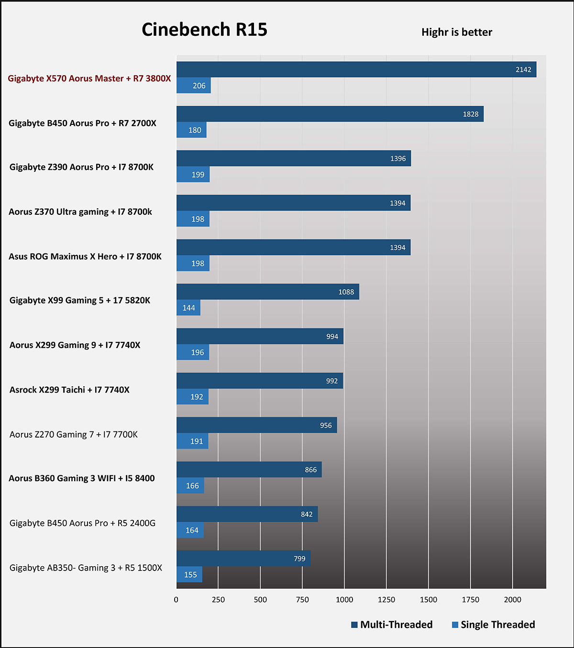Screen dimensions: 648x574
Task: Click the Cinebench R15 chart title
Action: (204, 30)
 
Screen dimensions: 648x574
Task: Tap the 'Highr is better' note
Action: (456, 32)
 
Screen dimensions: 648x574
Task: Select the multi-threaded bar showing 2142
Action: (356, 69)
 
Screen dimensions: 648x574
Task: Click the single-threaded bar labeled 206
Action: (193, 86)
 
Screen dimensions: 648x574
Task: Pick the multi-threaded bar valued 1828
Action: (330, 114)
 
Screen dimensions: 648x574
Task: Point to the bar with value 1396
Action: (293, 158)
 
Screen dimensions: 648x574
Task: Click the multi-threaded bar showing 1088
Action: (267, 292)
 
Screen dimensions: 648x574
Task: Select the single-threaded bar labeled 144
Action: (188, 308)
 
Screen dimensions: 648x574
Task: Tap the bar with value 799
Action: (243, 558)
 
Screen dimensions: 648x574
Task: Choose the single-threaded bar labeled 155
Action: (189, 574)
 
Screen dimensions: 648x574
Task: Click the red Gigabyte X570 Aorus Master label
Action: (89, 78)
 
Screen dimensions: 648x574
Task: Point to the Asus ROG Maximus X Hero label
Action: (85, 256)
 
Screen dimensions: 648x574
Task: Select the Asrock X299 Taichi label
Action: (69, 390)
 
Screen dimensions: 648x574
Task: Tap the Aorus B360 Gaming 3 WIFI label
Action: (82, 478)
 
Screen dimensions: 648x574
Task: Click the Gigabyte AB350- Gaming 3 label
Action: (86, 568)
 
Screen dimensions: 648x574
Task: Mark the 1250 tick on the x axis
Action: (386, 600)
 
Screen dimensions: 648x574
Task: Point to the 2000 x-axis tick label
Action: (512, 600)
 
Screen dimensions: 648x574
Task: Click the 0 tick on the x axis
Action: (176, 600)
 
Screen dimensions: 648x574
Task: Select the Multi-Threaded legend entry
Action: (392, 625)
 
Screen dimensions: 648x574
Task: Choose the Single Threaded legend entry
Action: (493, 625)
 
